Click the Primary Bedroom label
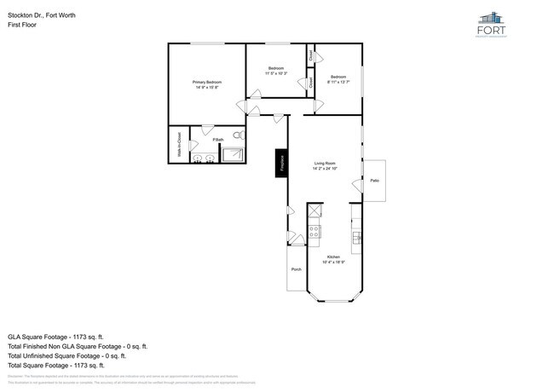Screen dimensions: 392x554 pyautogui.click(x=207, y=83)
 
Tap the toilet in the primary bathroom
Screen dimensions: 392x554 pyautogui.click(x=238, y=135)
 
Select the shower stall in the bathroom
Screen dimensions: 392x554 pyautogui.click(x=233, y=154)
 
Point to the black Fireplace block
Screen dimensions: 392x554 pyautogui.click(x=279, y=162)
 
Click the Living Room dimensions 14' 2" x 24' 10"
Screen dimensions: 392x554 pyautogui.click(x=325, y=168)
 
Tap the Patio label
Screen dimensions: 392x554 pyautogui.click(x=374, y=181)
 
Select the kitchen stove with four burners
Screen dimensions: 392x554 pyautogui.click(x=314, y=230)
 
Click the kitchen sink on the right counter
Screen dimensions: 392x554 pyautogui.click(x=355, y=231)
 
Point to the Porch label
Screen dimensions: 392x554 pyautogui.click(x=297, y=269)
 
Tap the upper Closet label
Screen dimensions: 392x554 pyautogui.click(x=311, y=55)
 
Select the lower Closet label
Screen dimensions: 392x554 pyautogui.click(x=311, y=84)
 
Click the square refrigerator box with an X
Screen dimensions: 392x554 pyautogui.click(x=315, y=210)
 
